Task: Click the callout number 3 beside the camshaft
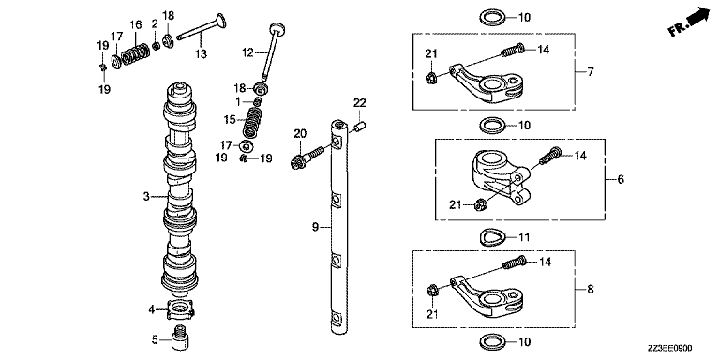click(x=146, y=197)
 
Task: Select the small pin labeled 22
click(x=360, y=126)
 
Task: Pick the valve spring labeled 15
click(x=250, y=123)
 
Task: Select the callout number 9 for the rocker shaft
click(x=315, y=227)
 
